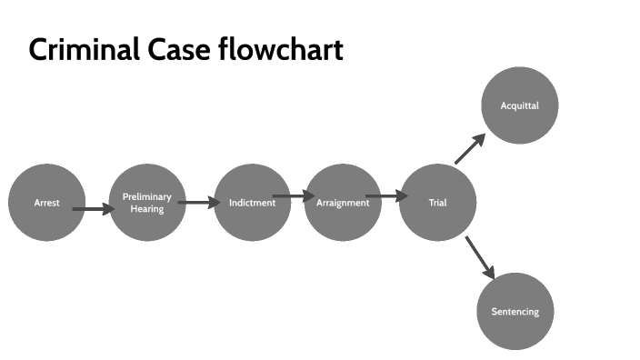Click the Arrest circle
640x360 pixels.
point(46,203)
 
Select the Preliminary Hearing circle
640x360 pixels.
point(147,203)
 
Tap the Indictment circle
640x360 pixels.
point(252,203)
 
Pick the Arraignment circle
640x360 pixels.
point(343,203)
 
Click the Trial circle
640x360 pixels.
point(437,203)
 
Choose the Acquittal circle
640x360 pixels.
point(519,105)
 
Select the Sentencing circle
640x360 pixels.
point(515,312)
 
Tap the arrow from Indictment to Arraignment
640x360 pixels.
point(294,195)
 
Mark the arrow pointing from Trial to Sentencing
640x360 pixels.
point(479,257)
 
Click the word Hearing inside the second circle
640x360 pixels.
point(147,208)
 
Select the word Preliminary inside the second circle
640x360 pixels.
point(147,196)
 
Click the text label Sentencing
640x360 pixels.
point(515,312)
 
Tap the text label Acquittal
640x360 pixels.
point(519,105)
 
